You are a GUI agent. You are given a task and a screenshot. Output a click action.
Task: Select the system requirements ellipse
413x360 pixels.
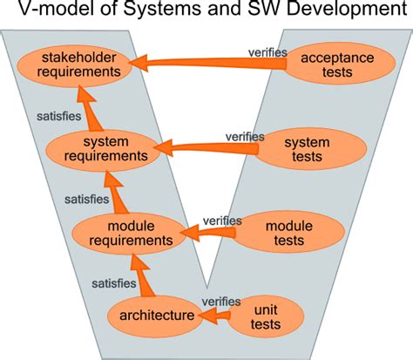point(104,150)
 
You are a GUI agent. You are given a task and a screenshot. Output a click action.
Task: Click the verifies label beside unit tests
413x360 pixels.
point(220,302)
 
